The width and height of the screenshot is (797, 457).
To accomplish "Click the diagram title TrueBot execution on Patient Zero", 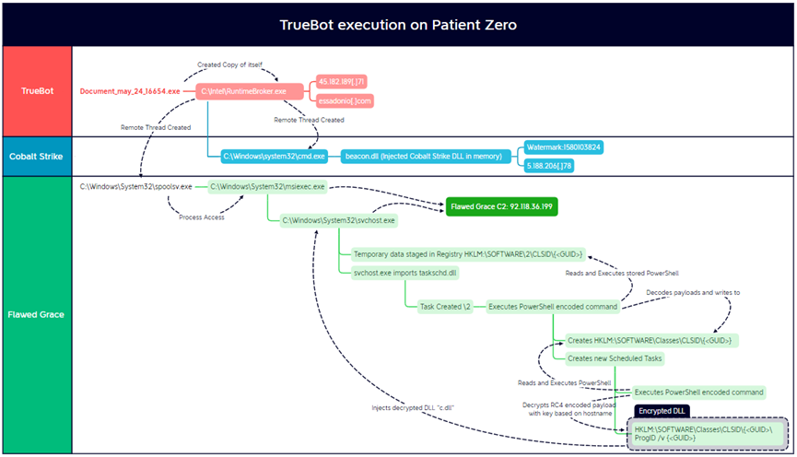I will coord(398,24).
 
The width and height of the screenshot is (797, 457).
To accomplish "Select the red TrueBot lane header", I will coord(36,91).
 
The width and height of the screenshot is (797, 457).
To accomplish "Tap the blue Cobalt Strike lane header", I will coord(36,157).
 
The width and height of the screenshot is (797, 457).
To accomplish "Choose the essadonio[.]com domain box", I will coord(346,100).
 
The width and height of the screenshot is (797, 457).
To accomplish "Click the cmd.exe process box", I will coord(274,157).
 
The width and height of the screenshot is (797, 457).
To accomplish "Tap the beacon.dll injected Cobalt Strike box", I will coord(423,157).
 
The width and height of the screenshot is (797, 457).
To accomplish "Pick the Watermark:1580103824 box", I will coord(563,146).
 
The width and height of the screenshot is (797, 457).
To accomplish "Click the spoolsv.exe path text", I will coord(136,186).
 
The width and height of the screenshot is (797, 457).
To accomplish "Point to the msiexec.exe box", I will coord(267,186).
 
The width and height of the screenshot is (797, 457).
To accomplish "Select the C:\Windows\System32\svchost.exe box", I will coord(338,220).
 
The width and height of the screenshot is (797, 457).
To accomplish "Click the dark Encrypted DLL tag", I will coord(662,410).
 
